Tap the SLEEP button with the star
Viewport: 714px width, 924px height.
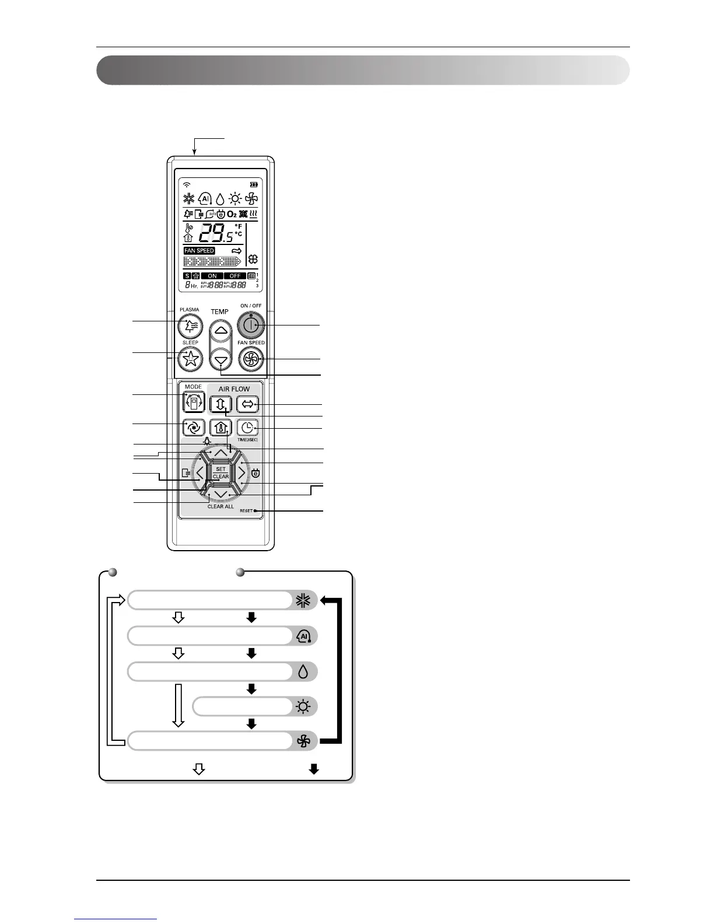pos(190,358)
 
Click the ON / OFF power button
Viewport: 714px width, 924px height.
pos(251,325)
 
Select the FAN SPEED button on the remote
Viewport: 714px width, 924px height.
pos(251,358)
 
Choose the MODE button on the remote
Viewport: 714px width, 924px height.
pos(193,402)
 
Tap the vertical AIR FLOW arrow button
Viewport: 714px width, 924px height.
pos(220,404)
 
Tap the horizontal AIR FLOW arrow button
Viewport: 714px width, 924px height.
pos(247,404)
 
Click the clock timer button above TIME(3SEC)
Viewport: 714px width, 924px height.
pos(247,428)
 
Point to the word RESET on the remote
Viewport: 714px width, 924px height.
pos(246,511)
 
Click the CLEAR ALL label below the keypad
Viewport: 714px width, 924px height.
pos(220,506)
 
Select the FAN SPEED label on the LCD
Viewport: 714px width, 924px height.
pos(199,251)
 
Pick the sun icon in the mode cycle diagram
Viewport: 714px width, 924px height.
pos(303,707)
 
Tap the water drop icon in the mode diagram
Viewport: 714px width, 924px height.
pos(303,671)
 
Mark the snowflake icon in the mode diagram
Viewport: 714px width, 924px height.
pos(303,600)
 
